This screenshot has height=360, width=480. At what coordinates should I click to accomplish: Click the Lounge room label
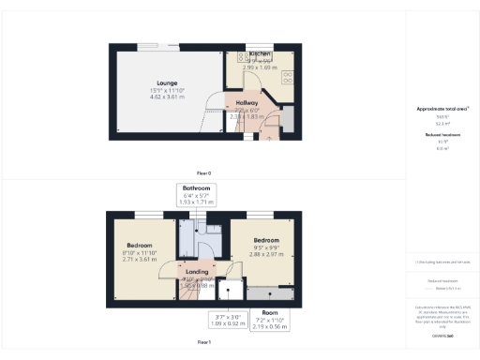[x=166, y=83]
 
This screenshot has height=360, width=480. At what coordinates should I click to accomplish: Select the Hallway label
[x=247, y=102]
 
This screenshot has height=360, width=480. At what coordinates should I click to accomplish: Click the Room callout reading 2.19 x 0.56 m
[x=270, y=312]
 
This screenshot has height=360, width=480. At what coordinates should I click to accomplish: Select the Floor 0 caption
[x=203, y=173]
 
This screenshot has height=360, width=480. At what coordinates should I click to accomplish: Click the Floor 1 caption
[x=203, y=344]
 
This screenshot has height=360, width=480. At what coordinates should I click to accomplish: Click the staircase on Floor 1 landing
[x=190, y=290]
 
